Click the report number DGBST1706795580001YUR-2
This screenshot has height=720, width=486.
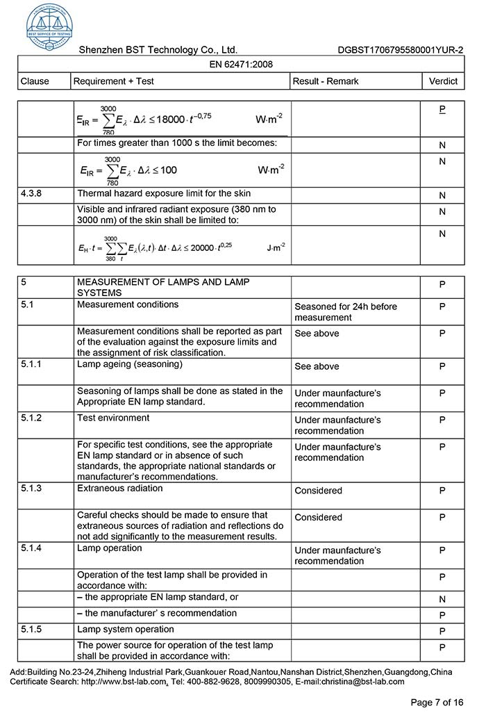[401, 50]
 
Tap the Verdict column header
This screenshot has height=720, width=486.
[443, 81]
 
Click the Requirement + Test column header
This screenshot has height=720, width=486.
[114, 81]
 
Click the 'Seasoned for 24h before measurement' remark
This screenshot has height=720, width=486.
[346, 311]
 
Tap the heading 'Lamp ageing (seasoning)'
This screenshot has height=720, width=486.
[130, 364]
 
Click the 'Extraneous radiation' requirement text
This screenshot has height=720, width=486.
[120, 489]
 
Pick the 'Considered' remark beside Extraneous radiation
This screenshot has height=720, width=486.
[318, 491]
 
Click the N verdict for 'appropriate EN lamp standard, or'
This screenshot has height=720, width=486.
[442, 599]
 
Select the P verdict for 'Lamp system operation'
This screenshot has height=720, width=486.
[442, 632]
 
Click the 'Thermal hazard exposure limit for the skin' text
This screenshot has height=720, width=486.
[164, 193]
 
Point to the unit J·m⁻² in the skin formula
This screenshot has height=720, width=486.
[276, 247]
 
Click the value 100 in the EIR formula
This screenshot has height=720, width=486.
[169, 170]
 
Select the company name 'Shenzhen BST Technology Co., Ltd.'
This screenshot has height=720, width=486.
[158, 50]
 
